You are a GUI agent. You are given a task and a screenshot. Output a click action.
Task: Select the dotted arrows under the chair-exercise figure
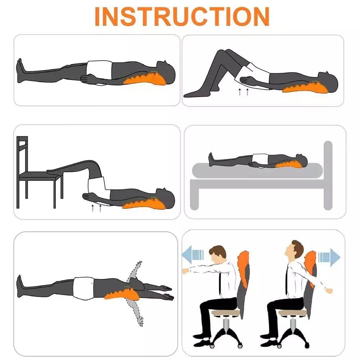96,208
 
